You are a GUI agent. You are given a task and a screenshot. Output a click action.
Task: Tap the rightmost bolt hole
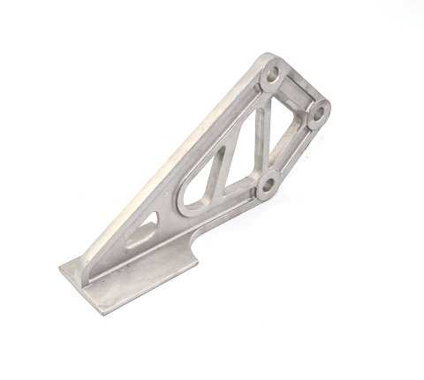pos(319,114)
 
